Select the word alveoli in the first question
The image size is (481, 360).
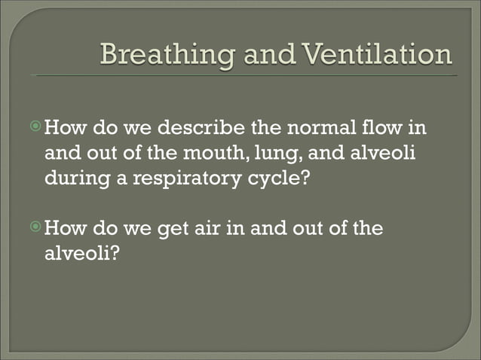(384, 154)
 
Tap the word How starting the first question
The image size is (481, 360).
(68, 127)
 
